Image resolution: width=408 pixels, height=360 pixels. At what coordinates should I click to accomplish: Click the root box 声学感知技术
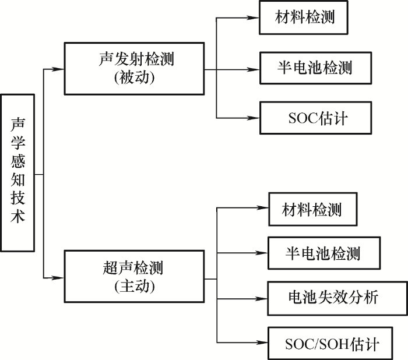point(17,173)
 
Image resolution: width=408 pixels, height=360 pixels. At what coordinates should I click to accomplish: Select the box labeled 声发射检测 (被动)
point(134,69)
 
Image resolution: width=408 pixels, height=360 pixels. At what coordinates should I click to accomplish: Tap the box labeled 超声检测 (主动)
point(134,276)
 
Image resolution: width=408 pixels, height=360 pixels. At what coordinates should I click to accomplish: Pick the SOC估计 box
point(316,118)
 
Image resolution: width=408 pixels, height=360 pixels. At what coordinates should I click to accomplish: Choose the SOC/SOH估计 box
point(330,343)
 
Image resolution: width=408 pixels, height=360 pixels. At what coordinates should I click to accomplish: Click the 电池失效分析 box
point(337,298)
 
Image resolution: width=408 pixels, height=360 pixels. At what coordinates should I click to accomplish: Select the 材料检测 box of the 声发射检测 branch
point(304,17)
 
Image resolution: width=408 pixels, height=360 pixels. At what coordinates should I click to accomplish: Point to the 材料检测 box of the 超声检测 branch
point(313,209)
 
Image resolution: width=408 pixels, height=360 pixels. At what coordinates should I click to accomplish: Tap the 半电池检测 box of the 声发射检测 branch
point(316,68)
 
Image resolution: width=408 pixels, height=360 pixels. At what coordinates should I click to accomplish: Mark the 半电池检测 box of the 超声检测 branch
point(324,253)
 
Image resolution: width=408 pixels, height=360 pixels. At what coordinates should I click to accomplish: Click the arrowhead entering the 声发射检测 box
point(58,69)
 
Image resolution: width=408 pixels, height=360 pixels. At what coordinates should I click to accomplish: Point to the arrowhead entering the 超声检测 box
point(58,278)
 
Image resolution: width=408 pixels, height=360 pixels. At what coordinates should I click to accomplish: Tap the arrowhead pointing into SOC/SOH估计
point(262,343)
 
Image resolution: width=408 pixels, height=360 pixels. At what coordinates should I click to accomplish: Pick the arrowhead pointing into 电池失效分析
point(262,299)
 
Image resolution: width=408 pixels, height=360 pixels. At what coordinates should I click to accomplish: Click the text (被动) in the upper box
point(134,77)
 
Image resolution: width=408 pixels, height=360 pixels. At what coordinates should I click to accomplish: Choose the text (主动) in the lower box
point(134,286)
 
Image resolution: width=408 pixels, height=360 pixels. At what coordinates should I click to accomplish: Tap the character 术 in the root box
point(17,216)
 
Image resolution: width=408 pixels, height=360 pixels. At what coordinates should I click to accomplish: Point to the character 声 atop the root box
point(17,124)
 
